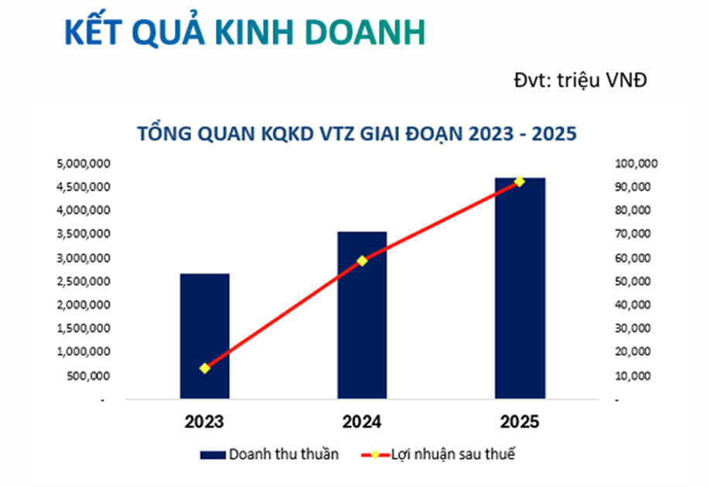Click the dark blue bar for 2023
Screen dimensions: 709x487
(204, 336)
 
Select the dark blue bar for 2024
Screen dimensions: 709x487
(362, 315)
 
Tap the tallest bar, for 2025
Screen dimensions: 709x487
(520, 288)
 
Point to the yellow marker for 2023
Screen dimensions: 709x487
(205, 368)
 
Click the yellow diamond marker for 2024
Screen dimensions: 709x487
(362, 261)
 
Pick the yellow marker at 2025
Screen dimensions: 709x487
(520, 182)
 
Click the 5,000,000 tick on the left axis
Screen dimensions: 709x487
(84, 163)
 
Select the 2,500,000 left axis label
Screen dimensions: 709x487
(84, 281)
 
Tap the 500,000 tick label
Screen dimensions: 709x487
(88, 376)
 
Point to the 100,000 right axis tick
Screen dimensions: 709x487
(636, 163)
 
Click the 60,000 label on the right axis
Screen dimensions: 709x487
(632, 257)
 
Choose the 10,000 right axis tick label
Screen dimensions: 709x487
(632, 376)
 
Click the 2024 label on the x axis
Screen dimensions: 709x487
(362, 422)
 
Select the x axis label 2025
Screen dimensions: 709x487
(520, 422)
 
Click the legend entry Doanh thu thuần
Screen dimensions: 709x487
(270, 454)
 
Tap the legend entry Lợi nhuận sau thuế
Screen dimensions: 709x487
(438, 454)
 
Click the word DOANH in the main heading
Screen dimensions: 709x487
(366, 32)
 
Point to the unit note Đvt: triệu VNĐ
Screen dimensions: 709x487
(580, 80)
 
